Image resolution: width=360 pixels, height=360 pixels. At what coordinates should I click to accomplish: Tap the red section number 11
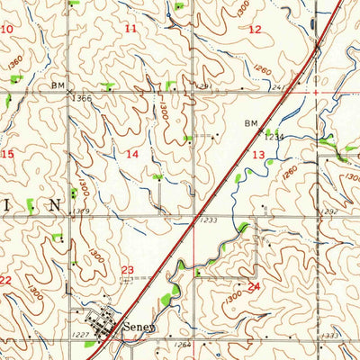point(131,30)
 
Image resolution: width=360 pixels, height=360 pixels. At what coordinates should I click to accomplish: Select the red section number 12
point(256,30)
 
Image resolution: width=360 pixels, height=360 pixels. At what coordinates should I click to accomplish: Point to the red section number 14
point(132,155)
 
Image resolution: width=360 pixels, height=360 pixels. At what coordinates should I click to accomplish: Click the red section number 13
point(258,156)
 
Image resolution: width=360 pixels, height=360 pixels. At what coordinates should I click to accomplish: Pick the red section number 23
point(128,269)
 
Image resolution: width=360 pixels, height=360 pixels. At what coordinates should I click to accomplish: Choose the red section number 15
point(8,155)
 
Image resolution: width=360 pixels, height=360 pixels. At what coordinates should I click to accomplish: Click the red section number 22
point(5,281)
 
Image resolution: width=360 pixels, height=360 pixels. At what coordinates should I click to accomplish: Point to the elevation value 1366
point(83,96)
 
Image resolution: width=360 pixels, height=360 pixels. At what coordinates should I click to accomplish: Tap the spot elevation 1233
point(209,220)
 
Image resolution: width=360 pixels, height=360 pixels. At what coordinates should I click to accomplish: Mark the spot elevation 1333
point(329,335)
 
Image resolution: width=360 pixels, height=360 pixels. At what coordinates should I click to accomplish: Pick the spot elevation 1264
point(184,344)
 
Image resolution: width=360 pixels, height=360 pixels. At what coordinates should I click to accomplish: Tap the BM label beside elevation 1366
point(58,85)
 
